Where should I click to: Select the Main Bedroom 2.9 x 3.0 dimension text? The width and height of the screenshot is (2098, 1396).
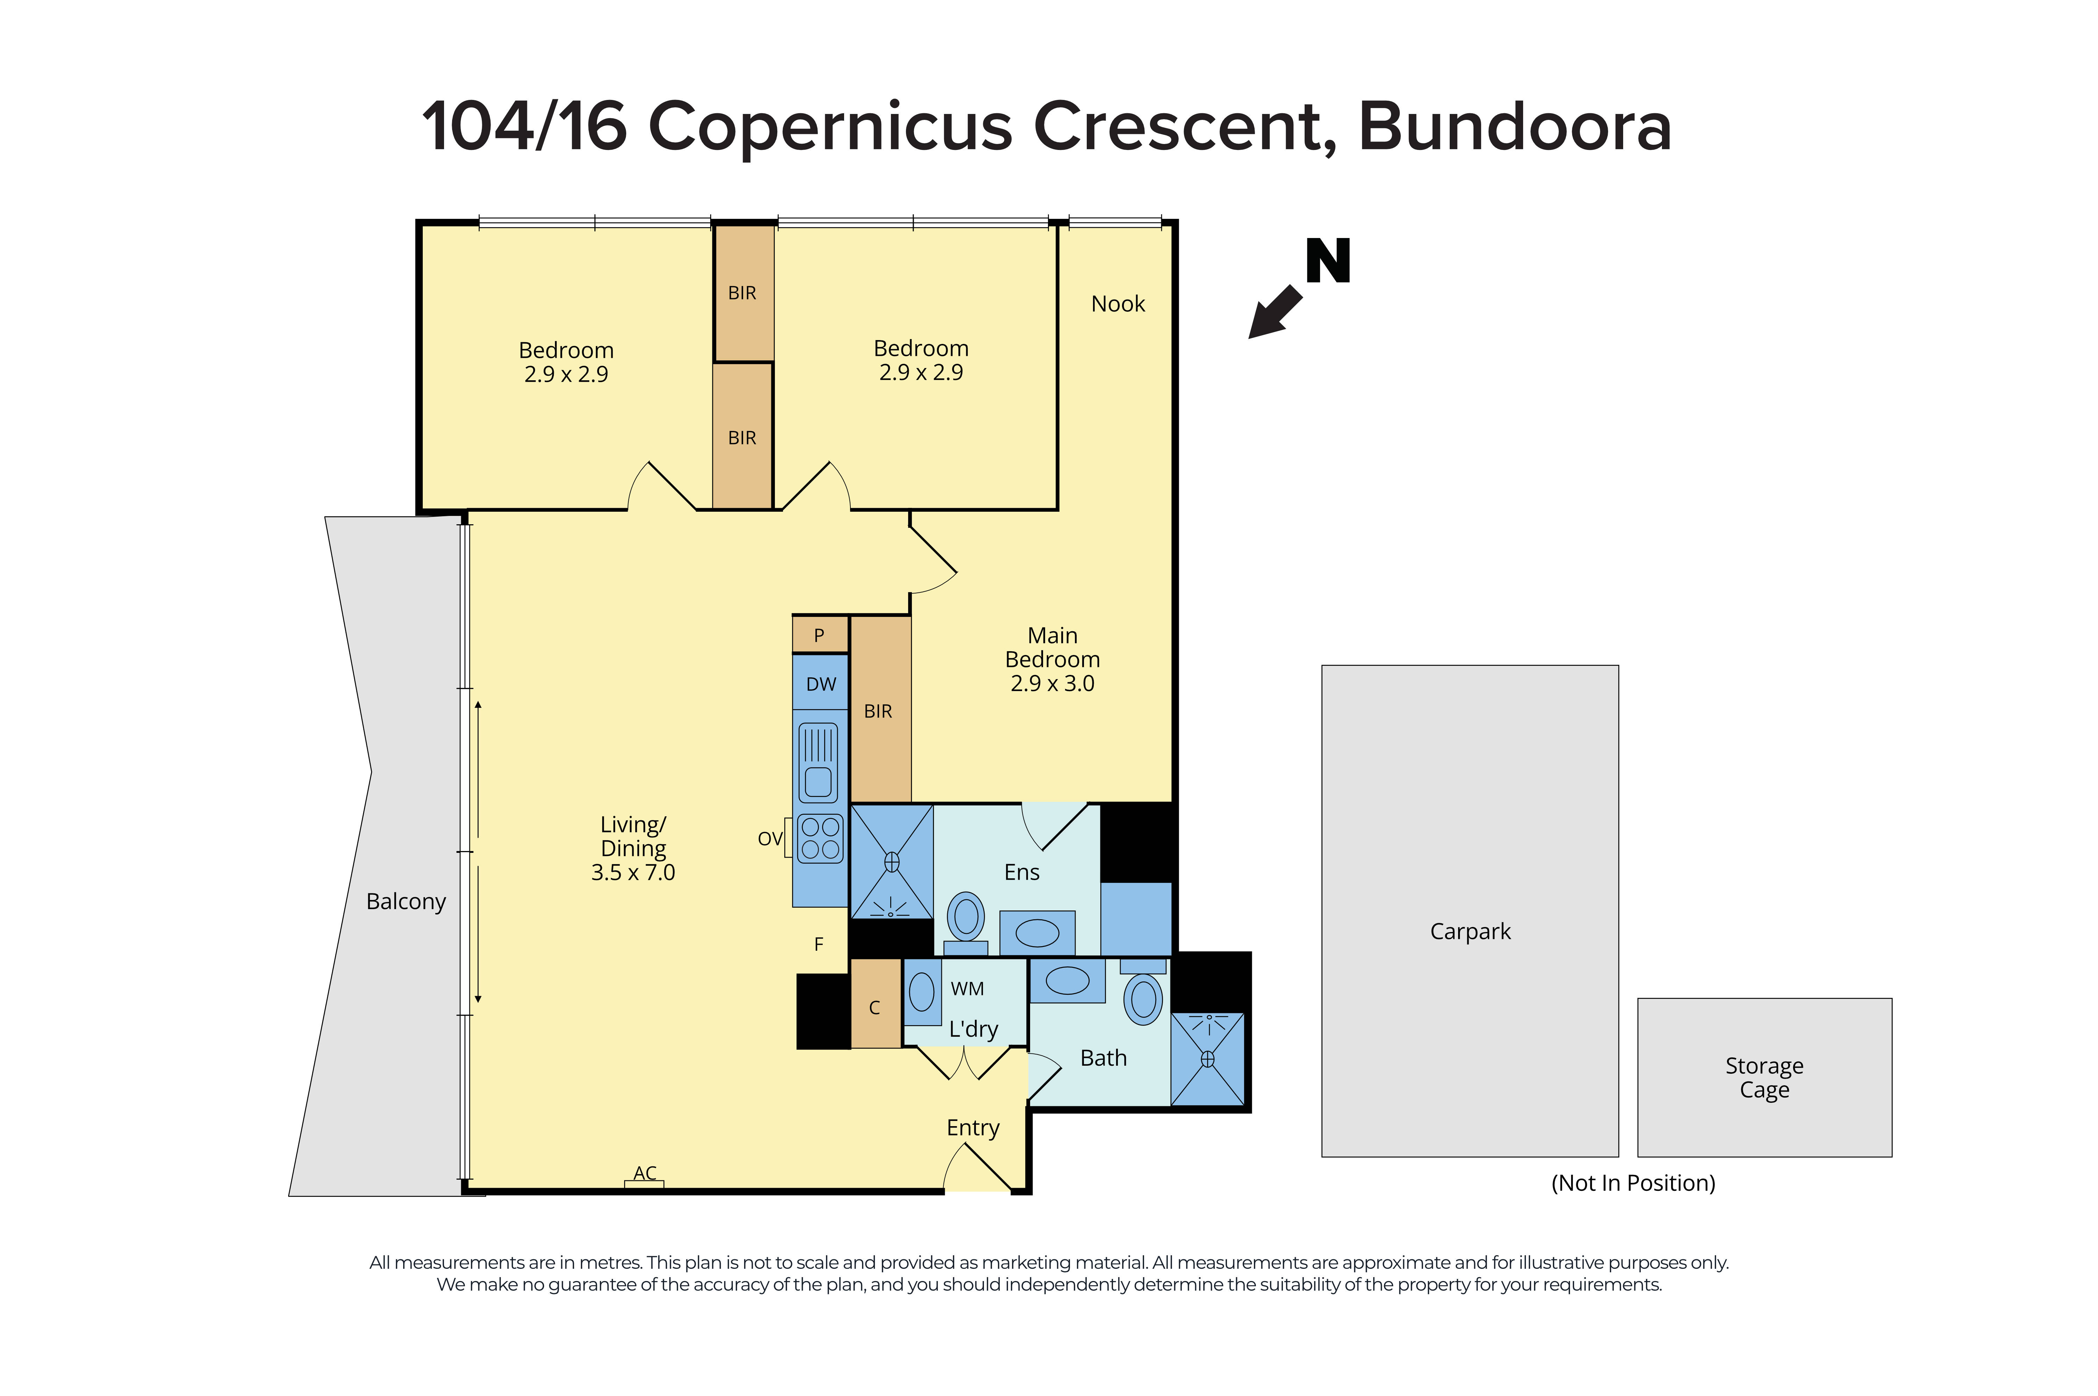tap(1052, 684)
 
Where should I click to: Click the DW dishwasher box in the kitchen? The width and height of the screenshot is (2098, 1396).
tap(820, 684)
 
